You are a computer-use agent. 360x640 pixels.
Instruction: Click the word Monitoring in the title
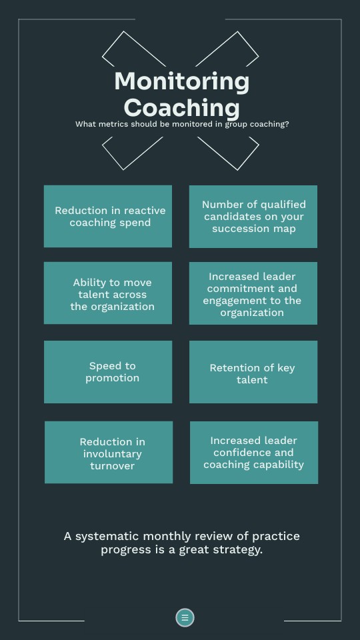181,82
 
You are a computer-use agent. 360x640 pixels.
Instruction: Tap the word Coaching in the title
181,108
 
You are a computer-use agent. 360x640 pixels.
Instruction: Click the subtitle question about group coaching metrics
182,124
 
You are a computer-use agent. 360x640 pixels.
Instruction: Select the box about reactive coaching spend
108,216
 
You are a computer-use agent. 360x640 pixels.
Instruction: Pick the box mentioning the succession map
253,216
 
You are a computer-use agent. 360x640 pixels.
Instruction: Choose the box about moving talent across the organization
108,293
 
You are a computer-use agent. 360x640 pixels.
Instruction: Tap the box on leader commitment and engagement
253,293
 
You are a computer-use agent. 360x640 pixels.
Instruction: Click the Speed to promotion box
108,372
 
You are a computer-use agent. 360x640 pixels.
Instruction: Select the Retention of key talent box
253,372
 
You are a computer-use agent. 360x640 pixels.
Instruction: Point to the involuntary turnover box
109,452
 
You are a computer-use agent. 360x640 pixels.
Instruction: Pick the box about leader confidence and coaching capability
254,452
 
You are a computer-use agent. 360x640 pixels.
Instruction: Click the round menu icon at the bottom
185,617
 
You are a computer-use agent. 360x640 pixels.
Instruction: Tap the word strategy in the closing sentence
241,550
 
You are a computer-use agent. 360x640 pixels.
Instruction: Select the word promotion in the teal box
112,379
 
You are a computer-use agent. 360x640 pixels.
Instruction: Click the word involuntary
112,454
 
